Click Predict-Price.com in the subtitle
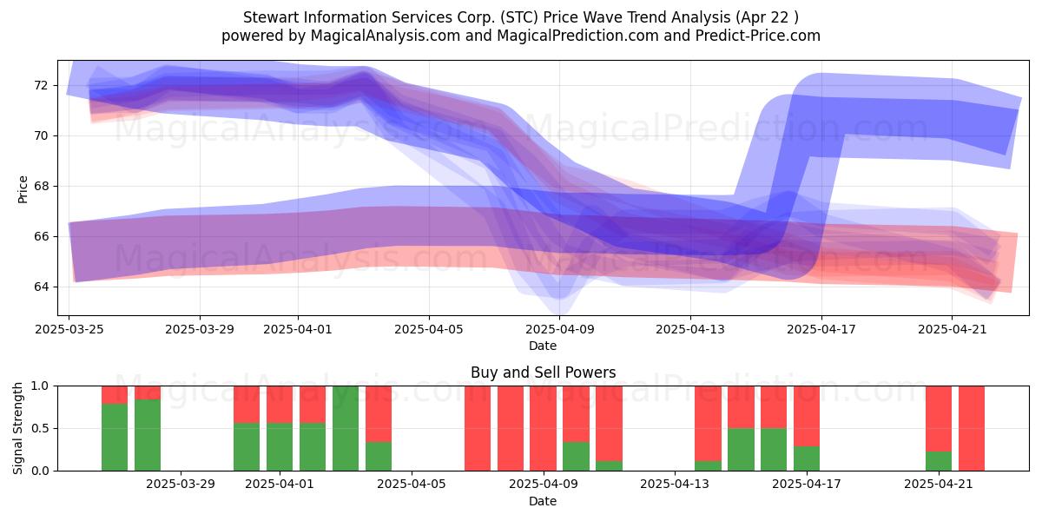point(758,36)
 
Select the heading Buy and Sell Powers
point(543,373)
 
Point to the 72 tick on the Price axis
point(41,86)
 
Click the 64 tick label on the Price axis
point(41,287)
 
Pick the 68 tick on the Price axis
point(41,186)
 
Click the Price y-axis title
point(23,189)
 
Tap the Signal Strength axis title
point(17,428)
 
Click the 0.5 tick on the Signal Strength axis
point(39,428)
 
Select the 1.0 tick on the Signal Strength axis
point(39,386)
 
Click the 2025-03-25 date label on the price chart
point(69,329)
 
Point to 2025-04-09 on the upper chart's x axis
point(559,329)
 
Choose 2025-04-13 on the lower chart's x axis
point(675,485)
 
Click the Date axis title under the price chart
point(543,346)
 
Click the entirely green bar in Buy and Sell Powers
point(346,428)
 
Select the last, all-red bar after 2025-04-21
point(972,428)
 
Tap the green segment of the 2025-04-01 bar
point(280,446)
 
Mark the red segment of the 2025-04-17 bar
point(807,416)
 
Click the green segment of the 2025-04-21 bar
point(939,461)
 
